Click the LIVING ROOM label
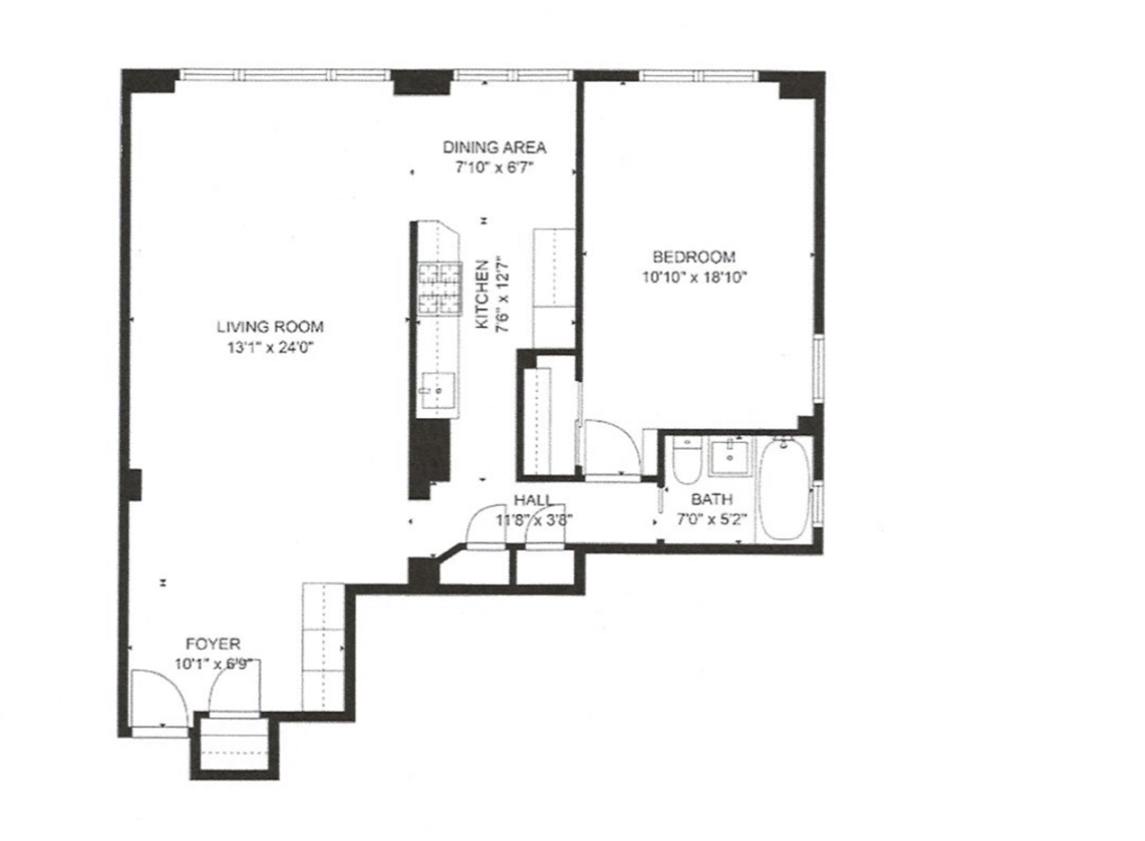tap(270, 327)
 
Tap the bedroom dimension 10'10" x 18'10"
tap(694, 277)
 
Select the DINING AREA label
tap(494, 147)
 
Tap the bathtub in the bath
tap(785, 490)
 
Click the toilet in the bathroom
tap(686, 462)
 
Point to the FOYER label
tap(213, 644)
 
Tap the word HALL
tap(533, 500)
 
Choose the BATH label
tap(711, 499)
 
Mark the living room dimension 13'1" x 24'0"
tap(270, 347)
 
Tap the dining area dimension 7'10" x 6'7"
tap(494, 168)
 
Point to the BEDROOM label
tap(694, 257)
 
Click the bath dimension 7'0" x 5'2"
tap(711, 519)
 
